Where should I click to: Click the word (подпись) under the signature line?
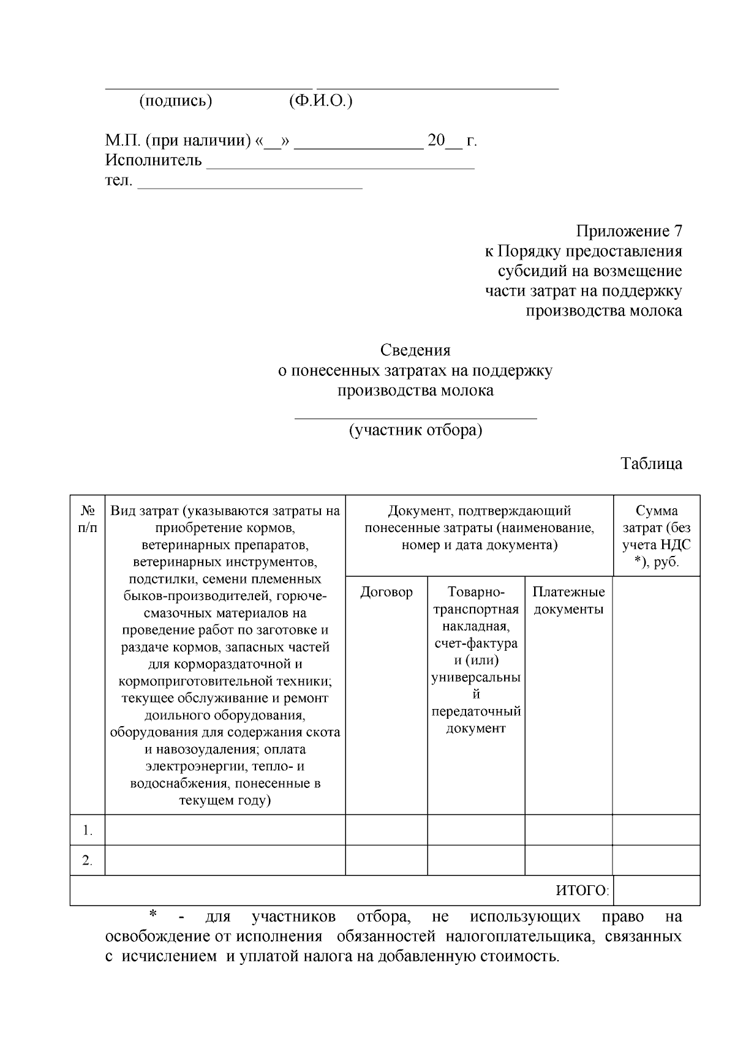(176, 101)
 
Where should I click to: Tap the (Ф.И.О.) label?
(320, 101)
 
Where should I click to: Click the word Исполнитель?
(154, 160)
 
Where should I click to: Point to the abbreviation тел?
(119, 181)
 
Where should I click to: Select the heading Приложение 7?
(628, 231)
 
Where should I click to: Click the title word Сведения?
(415, 350)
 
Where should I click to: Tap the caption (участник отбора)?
(415, 430)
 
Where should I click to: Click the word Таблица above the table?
(652, 463)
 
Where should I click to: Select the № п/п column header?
(88, 519)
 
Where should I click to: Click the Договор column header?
(386, 592)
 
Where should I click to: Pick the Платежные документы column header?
(568, 601)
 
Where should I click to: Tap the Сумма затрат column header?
(657, 536)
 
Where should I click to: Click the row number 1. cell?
(88, 831)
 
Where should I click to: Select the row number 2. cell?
(88, 861)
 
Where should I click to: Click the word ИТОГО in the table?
(581, 891)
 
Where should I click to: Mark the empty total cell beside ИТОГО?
(656, 891)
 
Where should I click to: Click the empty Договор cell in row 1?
(386, 830)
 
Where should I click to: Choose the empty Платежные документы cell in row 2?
(568, 861)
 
